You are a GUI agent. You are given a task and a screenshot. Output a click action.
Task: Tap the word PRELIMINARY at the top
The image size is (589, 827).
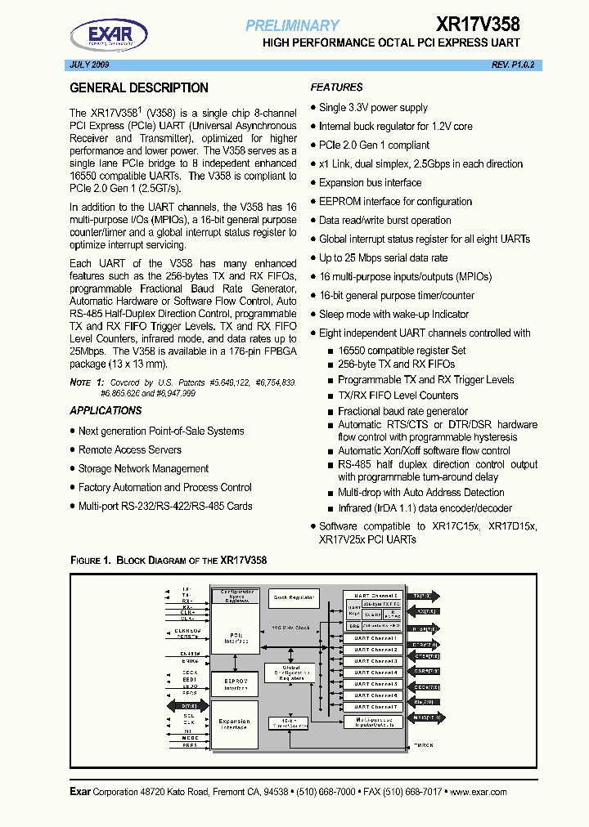tap(292, 26)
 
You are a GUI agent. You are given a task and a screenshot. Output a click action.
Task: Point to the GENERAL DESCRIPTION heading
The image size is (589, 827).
tap(139, 88)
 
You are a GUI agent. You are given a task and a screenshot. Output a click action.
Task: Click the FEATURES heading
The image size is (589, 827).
tap(336, 87)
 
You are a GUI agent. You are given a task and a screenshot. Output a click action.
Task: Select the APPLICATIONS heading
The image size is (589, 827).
tap(106, 411)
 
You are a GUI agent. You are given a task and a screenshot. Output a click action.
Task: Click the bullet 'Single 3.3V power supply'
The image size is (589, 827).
tap(373, 108)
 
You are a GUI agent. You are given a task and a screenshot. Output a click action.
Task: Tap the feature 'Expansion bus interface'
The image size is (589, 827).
tap(370, 183)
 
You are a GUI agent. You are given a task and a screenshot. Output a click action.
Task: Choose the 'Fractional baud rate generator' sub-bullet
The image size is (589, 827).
tap(402, 411)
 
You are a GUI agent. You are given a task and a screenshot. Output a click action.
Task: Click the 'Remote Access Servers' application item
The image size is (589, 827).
tap(130, 450)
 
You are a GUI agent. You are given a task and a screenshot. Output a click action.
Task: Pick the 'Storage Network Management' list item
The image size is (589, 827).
tap(143, 469)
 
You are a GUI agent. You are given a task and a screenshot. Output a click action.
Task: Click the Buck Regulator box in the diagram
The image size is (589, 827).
tap(293, 597)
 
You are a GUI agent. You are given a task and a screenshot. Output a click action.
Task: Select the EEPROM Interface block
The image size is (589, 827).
tap(235, 683)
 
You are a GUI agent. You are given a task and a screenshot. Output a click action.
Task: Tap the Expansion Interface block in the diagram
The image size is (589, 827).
tap(235, 723)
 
